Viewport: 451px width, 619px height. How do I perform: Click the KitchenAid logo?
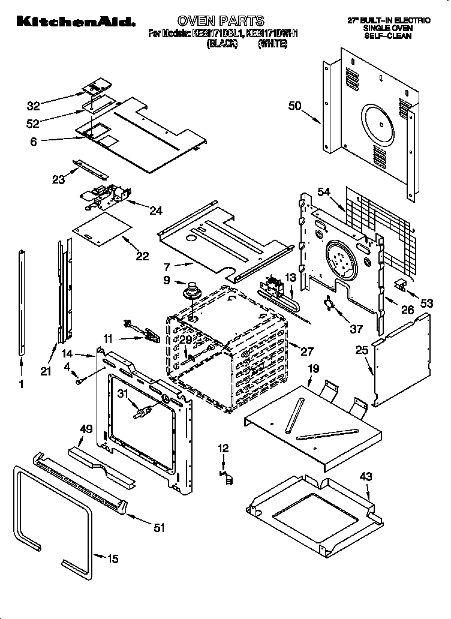point(74,22)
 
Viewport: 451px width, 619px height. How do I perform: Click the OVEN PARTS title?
point(221,22)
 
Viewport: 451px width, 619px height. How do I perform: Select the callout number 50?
point(294,106)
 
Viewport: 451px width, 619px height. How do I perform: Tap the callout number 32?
point(34,106)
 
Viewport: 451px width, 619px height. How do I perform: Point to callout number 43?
point(366,477)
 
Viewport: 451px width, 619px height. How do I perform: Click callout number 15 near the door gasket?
point(112,560)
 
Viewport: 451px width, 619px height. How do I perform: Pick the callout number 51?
point(159,528)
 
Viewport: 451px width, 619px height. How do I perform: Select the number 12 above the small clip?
point(223,447)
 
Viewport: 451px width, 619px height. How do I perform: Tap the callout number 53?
point(426,304)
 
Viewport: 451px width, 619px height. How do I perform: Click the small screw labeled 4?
point(80,379)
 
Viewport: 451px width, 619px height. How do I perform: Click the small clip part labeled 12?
point(227,477)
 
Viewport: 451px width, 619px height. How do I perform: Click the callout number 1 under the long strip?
point(22,385)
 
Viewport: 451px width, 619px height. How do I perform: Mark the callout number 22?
point(142,256)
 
